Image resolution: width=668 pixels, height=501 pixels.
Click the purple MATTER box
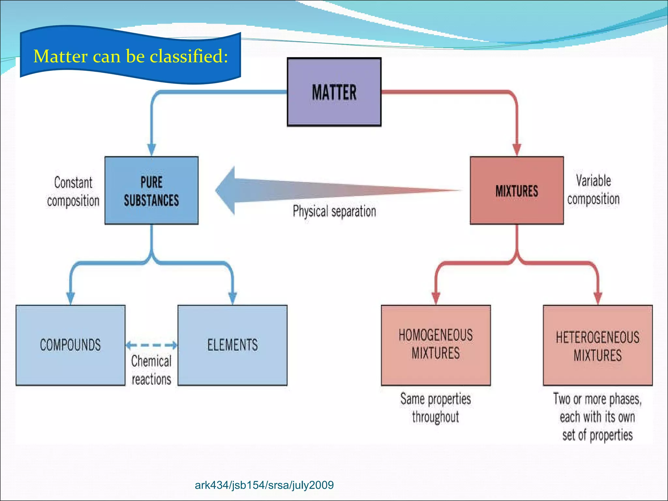click(x=334, y=92)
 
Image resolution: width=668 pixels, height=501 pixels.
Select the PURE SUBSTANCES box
click(x=151, y=191)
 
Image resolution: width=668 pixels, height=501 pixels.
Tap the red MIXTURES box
click(x=517, y=191)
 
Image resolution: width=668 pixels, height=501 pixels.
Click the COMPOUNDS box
click(x=70, y=345)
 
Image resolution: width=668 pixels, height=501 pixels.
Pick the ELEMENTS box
click(x=232, y=345)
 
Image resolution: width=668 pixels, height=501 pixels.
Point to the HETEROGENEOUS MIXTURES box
click(x=598, y=346)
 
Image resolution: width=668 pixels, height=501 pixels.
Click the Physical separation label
click(x=334, y=211)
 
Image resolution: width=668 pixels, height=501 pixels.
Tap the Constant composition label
click(x=73, y=192)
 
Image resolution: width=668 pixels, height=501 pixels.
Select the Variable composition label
click(x=593, y=190)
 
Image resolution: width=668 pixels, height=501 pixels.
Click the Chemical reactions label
click(x=151, y=370)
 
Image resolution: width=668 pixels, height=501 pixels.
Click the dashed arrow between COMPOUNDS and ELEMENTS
click(x=151, y=345)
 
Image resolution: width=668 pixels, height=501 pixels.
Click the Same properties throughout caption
click(x=436, y=408)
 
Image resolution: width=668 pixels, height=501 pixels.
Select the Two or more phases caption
click(x=598, y=417)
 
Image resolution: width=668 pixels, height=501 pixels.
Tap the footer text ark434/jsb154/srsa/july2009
click(x=264, y=485)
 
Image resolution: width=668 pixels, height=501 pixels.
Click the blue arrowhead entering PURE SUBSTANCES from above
click(x=151, y=149)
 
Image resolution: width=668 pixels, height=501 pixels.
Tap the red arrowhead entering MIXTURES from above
click(x=517, y=149)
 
